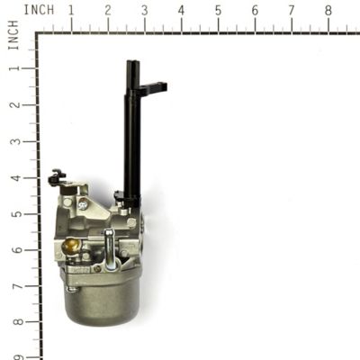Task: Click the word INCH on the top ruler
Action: [x=39, y=10]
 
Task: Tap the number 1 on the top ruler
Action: [x=71, y=10]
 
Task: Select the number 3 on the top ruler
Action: [x=145, y=10]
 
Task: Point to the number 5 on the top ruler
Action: [x=218, y=10]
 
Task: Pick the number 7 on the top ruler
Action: [x=291, y=10]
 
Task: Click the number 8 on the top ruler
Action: [x=328, y=10]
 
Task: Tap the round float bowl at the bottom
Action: [x=101, y=301]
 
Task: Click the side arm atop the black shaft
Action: [x=153, y=88]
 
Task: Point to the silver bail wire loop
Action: [x=109, y=250]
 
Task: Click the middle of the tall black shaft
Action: [x=132, y=135]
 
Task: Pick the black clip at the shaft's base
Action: [x=120, y=196]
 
